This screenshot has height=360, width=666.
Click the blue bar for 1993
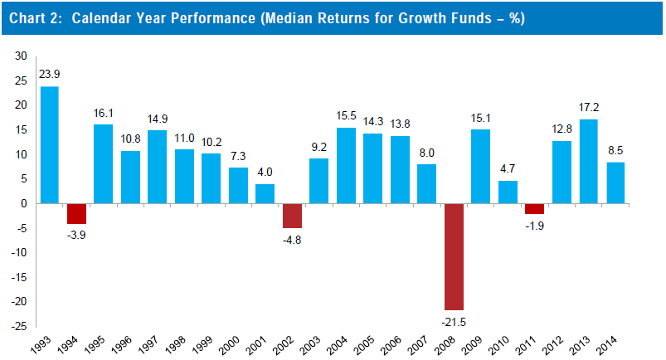[x=50, y=145]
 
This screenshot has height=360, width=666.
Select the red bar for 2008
[x=454, y=256]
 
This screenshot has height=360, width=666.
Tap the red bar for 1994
[x=76, y=213]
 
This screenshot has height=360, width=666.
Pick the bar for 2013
[x=588, y=162]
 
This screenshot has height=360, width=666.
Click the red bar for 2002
[x=292, y=216]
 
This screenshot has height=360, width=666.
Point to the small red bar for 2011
[x=534, y=208]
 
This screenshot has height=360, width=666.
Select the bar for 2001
[x=265, y=194]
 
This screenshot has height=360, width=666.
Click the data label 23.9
[x=50, y=75]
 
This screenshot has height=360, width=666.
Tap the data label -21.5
[x=454, y=322]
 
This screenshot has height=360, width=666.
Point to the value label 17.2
[x=588, y=108]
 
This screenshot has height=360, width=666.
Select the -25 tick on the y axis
[x=17, y=327]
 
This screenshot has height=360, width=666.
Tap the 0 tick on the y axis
[x=23, y=204]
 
